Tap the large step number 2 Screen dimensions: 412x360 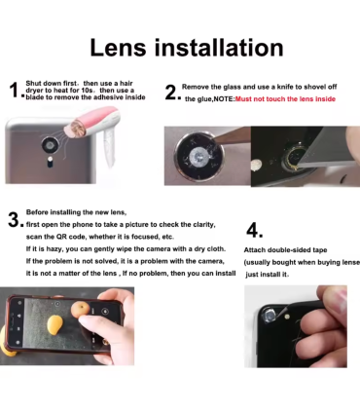[x=170, y=93]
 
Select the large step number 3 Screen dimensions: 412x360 [x=14, y=220]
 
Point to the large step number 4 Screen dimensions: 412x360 [x=255, y=231]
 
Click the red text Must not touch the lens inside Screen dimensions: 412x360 [x=285, y=99]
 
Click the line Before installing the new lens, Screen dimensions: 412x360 [x=77, y=211]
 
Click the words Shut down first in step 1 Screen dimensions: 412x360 [x=49, y=85]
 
